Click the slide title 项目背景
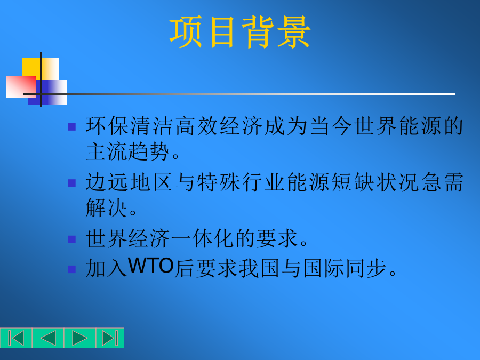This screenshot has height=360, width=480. pyautogui.click(x=240, y=32)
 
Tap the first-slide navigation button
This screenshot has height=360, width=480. pyautogui.click(x=16, y=338)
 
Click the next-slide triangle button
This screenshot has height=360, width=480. pyautogui.click(x=79, y=338)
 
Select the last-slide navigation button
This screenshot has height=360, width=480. pyautogui.click(x=110, y=338)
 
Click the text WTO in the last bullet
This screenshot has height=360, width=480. pyautogui.click(x=151, y=266)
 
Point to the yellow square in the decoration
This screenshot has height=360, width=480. pyautogui.click(x=41, y=69)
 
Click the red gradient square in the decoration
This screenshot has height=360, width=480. pyautogui.click(x=21, y=87)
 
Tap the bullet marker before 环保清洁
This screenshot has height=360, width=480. pyautogui.click(x=71, y=127)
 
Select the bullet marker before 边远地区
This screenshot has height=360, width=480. pyautogui.click(x=71, y=183)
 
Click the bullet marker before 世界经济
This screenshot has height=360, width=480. pyautogui.click(x=71, y=239)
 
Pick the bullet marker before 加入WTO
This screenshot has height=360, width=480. pyautogui.click(x=71, y=269)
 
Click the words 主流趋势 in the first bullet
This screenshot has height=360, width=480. pyautogui.click(x=127, y=151)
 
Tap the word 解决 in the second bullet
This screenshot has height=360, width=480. pyautogui.click(x=106, y=207)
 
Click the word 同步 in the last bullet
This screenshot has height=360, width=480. pyautogui.click(x=366, y=268)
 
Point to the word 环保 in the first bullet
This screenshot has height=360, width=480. pyautogui.click(x=107, y=126)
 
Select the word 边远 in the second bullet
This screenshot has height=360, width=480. pyautogui.click(x=107, y=182)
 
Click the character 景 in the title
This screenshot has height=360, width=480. pyautogui.click(x=294, y=32)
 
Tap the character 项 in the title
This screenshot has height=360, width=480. pyautogui.click(x=186, y=32)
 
